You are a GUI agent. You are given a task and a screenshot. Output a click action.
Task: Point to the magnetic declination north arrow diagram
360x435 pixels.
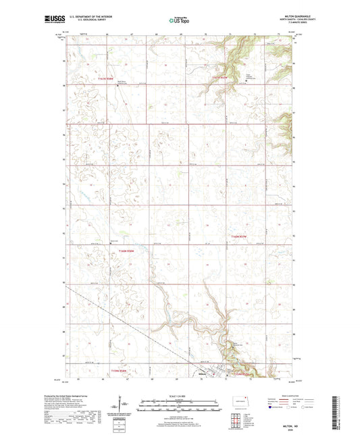click(x=125, y=407)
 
